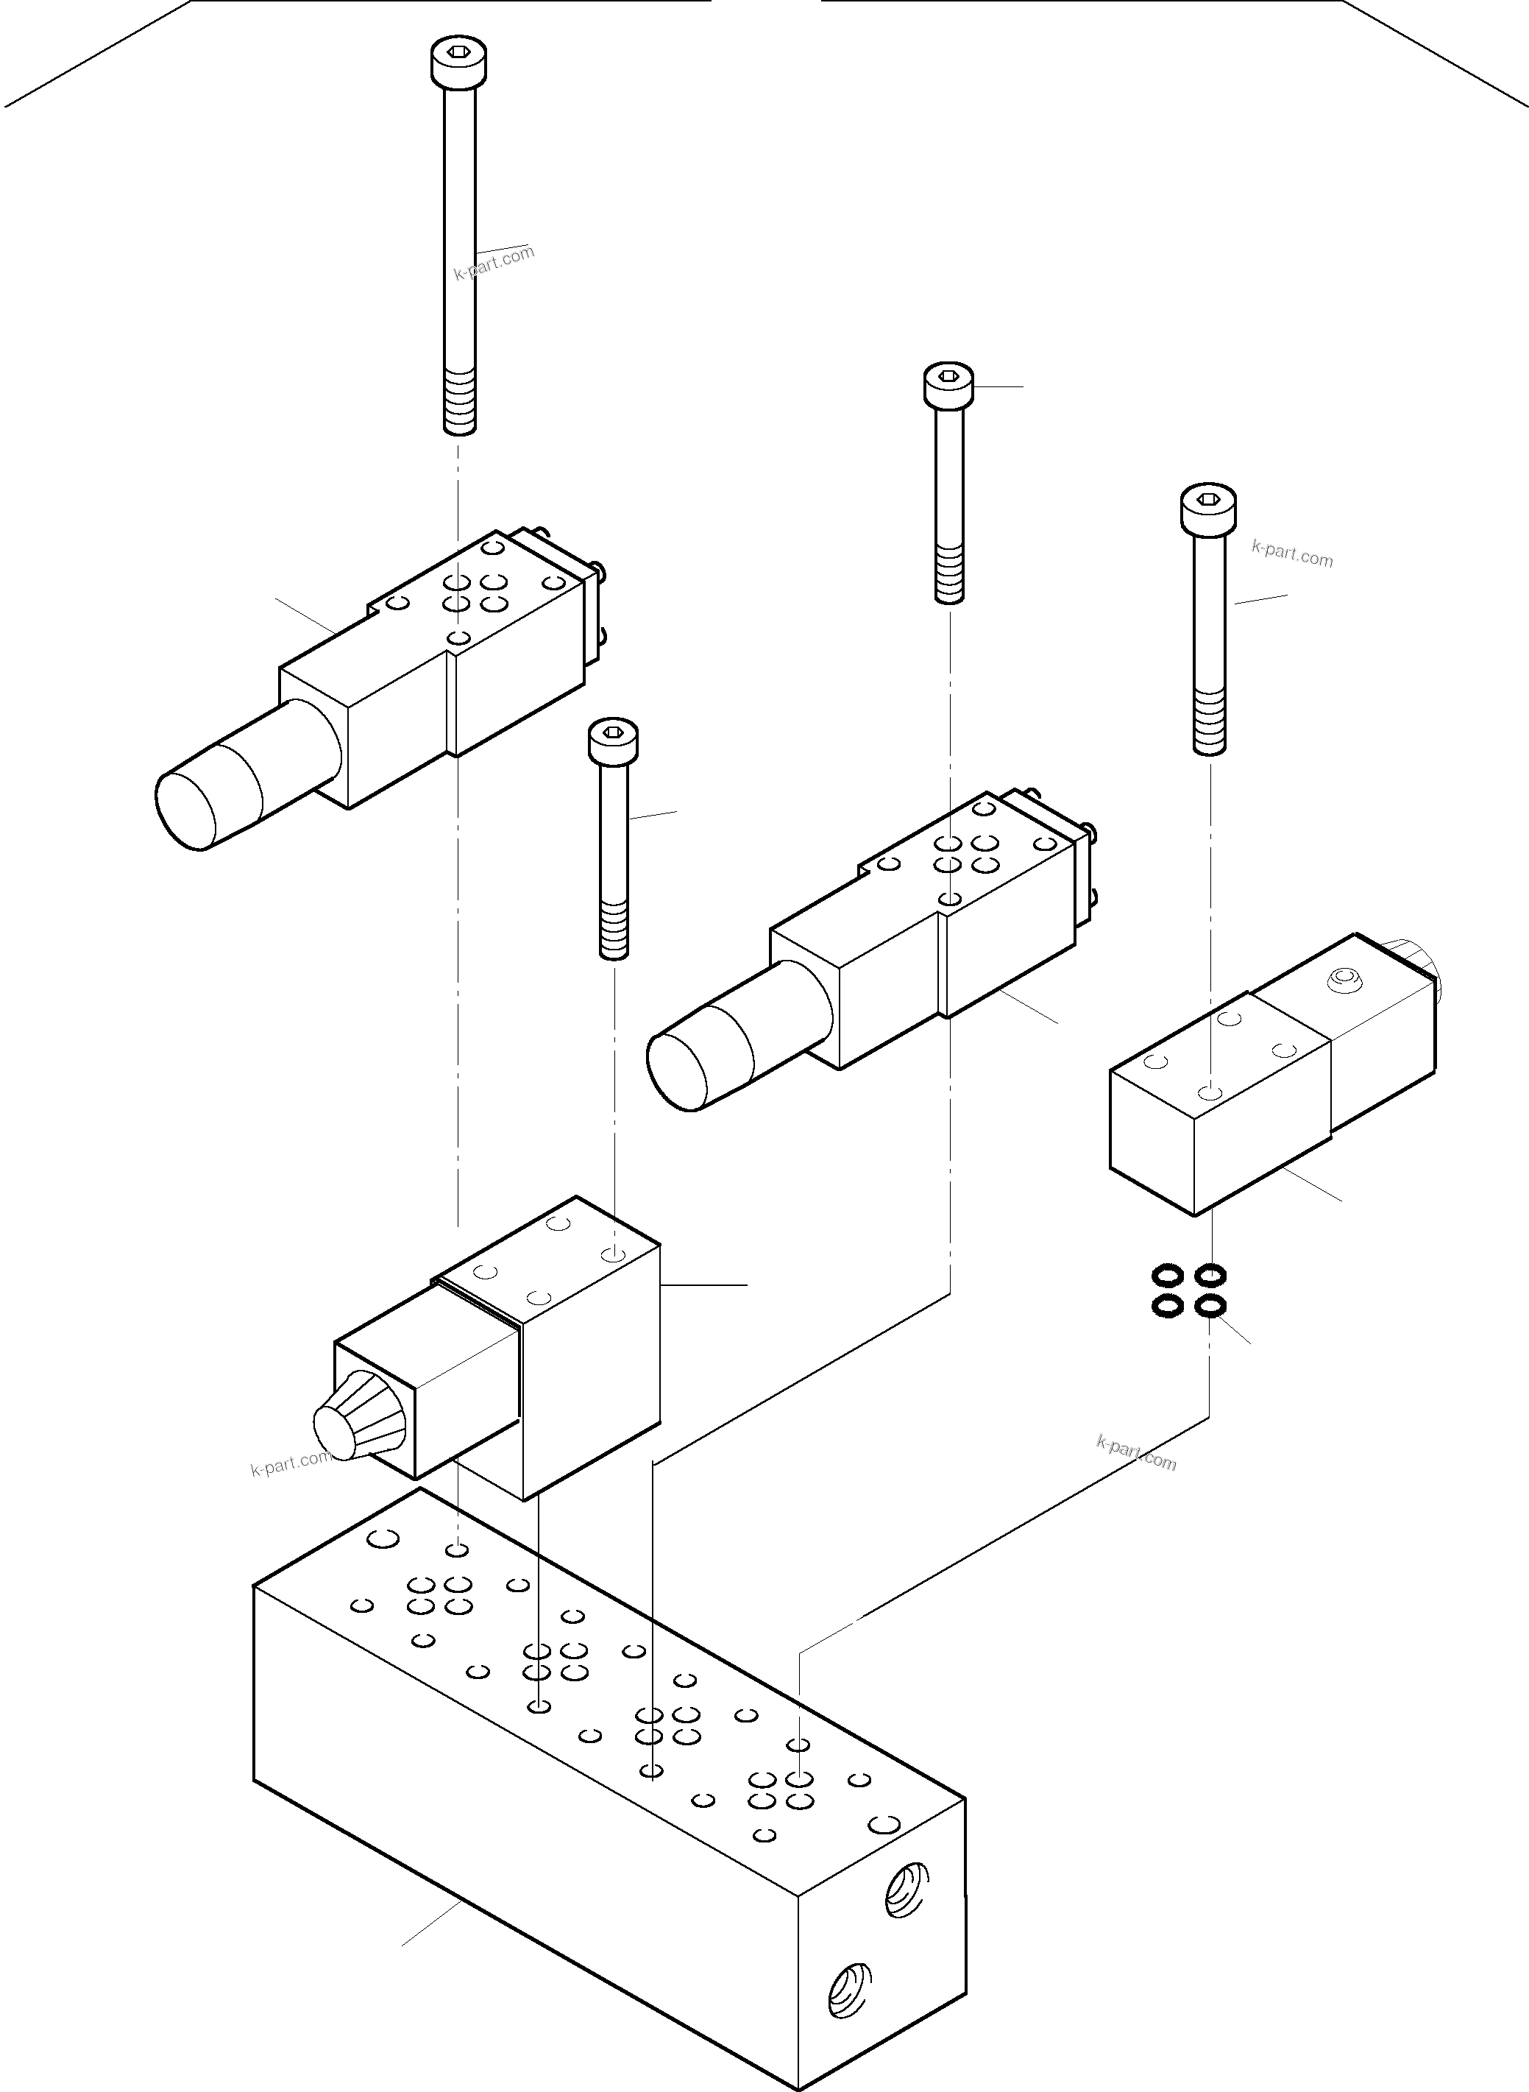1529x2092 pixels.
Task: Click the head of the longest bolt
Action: (459, 63)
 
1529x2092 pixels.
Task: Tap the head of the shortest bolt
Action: (614, 741)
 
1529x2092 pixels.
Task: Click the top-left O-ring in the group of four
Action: (1167, 1277)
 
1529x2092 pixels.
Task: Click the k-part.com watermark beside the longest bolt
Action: (494, 262)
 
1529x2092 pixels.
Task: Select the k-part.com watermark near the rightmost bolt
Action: (1292, 554)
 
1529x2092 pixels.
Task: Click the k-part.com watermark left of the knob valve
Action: (290, 1463)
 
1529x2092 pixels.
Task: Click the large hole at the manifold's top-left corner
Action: (383, 1538)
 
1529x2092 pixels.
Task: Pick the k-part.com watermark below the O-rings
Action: (1137, 1453)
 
